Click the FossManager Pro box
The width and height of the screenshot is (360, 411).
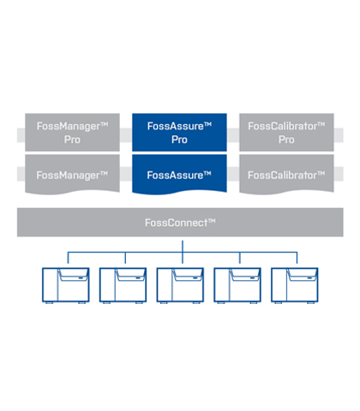(72, 132)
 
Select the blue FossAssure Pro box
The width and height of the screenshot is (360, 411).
(179, 132)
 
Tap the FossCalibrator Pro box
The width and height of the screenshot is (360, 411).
(286, 132)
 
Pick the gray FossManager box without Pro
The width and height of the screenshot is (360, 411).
(72, 175)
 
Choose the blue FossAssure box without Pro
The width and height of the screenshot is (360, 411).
(179, 175)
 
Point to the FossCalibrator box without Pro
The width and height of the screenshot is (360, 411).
(286, 175)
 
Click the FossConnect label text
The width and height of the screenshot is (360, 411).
(180, 223)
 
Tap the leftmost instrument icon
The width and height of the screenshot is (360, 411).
(66, 285)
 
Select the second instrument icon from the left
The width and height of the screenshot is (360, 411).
(123, 285)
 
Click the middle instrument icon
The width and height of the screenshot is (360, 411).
(180, 285)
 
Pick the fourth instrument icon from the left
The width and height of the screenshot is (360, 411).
(237, 285)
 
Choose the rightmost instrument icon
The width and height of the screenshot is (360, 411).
(295, 285)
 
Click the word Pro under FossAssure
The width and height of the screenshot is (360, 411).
(179, 140)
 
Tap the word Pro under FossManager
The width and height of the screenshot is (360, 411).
(72, 140)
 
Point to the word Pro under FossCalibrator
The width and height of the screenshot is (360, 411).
(286, 140)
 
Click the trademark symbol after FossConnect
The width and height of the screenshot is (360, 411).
(212, 221)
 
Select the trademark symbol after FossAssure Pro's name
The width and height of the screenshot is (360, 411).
(207, 124)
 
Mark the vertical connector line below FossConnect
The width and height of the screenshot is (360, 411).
(183, 252)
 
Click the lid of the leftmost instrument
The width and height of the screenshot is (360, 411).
(74, 275)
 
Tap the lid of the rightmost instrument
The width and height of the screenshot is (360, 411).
(303, 275)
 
